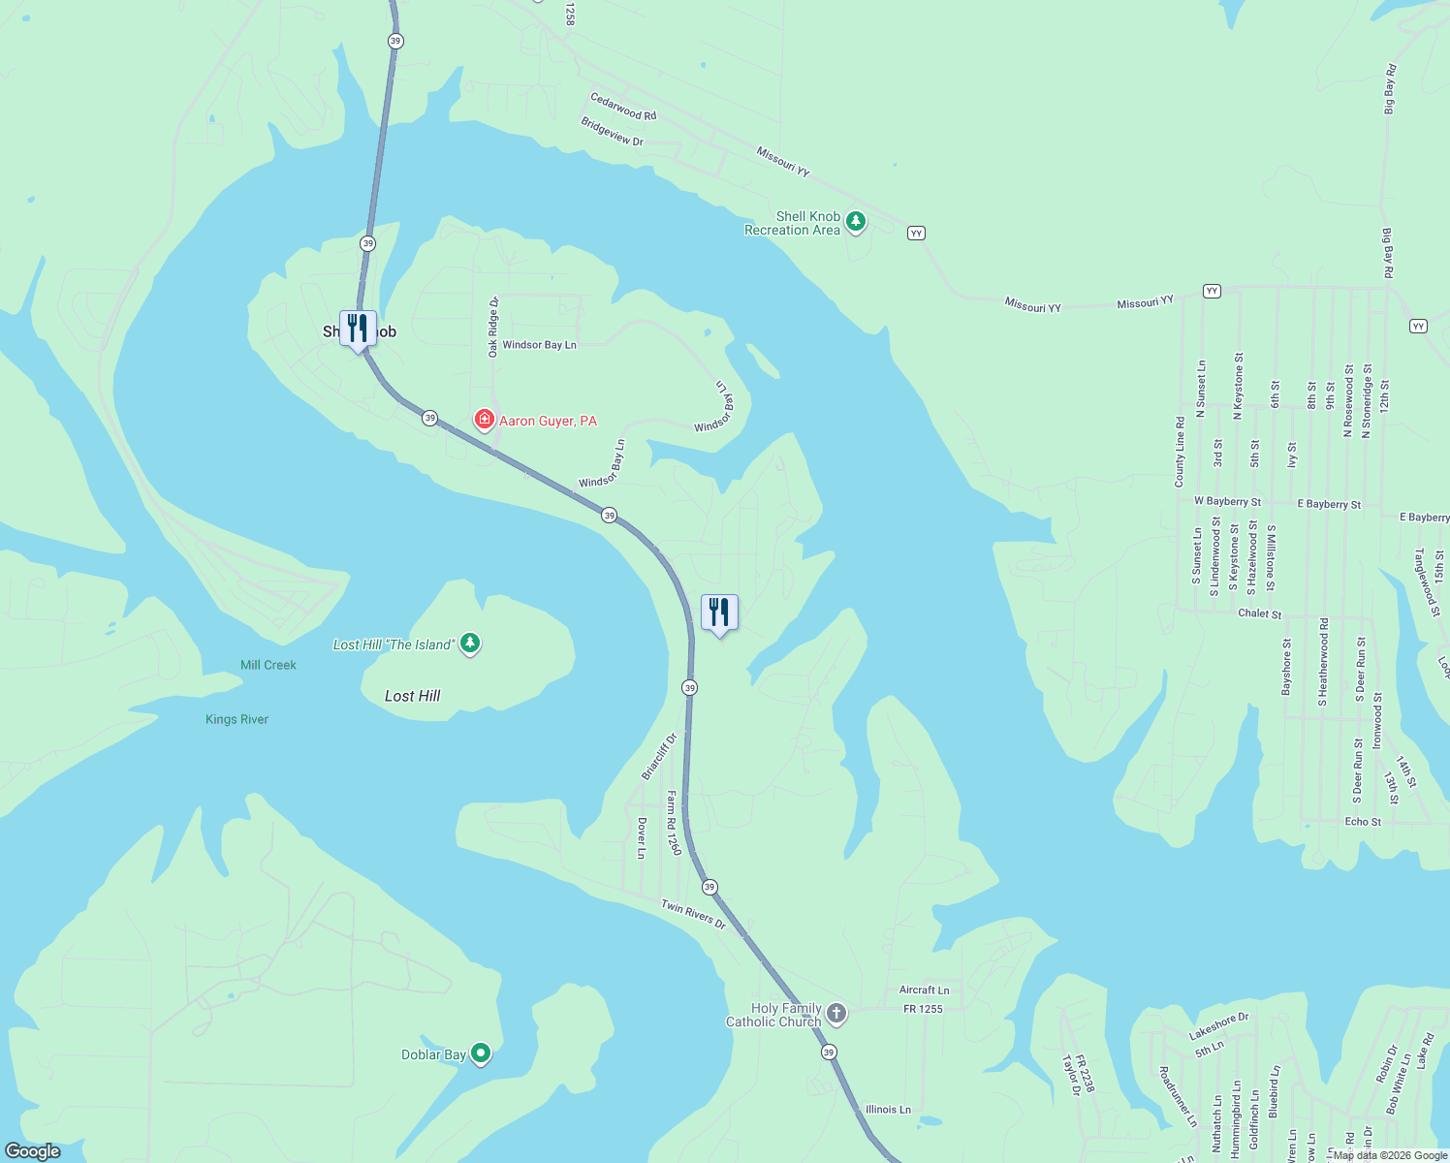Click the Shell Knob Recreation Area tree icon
pyautogui.click(x=855, y=222)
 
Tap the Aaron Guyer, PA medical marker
pyautogui.click(x=484, y=420)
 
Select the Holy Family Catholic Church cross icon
pyautogui.click(x=836, y=1014)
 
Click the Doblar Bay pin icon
pyautogui.click(x=481, y=1053)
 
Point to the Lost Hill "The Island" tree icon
pyautogui.click(x=470, y=643)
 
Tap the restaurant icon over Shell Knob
pyautogui.click(x=358, y=328)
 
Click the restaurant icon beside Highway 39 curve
pyautogui.click(x=719, y=613)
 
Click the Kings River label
pyautogui.click(x=236, y=719)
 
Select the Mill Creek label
pyautogui.click(x=268, y=665)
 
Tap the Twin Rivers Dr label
pyautogui.click(x=693, y=914)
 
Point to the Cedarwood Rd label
pyautogui.click(x=623, y=107)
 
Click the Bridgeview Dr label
pyautogui.click(x=612, y=132)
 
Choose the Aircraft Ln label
pyautogui.click(x=924, y=990)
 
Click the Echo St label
pyautogui.click(x=1363, y=822)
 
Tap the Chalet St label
pyautogui.click(x=1259, y=613)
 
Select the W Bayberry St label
pyautogui.click(x=1227, y=502)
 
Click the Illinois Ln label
pyautogui.click(x=888, y=1110)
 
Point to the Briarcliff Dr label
pyautogui.click(x=659, y=756)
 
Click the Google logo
pyautogui.click(x=33, y=1151)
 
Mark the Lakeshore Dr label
pyautogui.click(x=1219, y=1026)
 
